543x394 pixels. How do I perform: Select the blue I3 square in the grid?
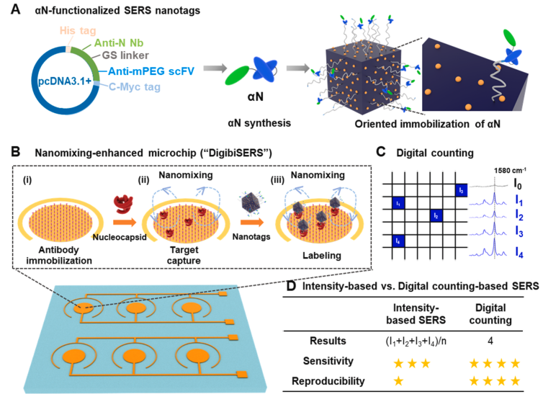pos(461,190)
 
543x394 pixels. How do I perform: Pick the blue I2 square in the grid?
pos(436,215)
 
